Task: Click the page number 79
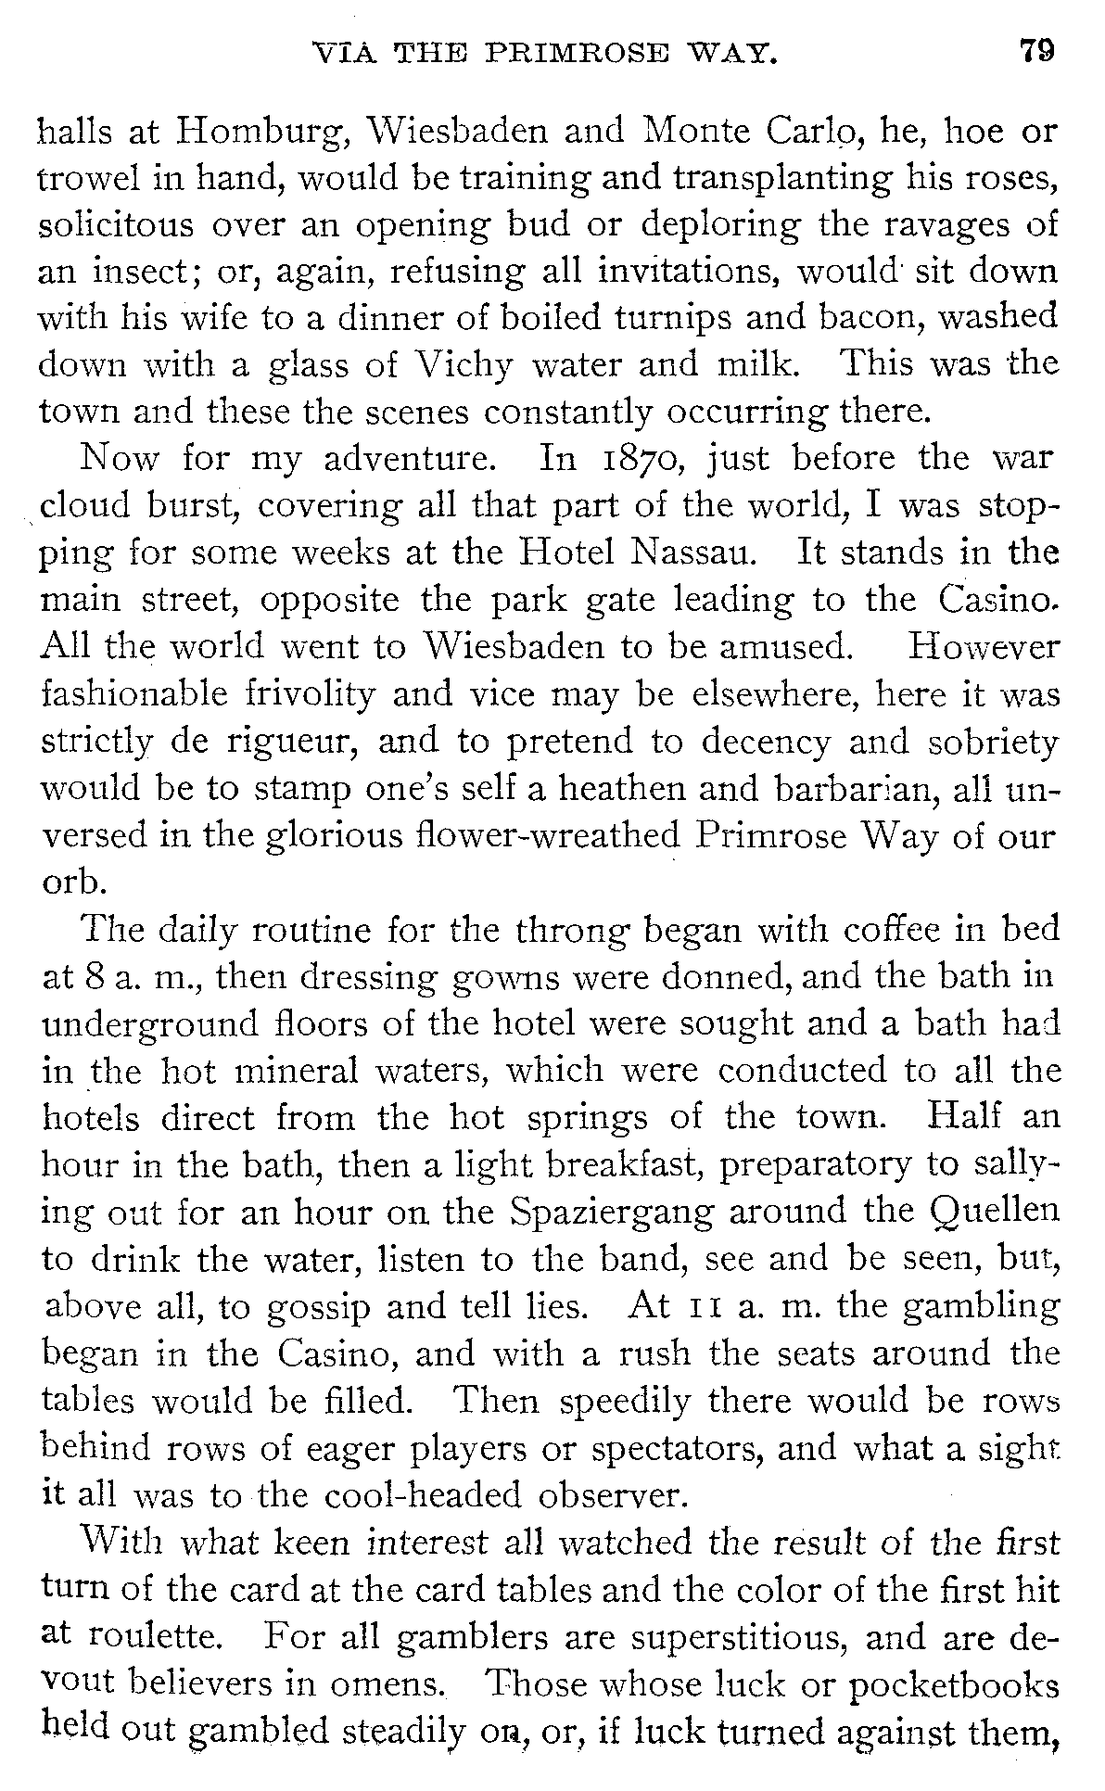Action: (1036, 49)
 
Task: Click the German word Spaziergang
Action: (665, 1212)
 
